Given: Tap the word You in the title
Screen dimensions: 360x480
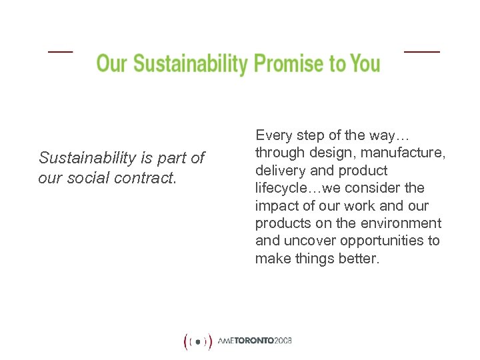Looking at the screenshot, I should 363,64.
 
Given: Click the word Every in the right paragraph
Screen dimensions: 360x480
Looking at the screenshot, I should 274,135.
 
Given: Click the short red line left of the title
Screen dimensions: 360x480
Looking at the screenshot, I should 60,51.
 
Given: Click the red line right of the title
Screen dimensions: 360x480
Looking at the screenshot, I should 422,51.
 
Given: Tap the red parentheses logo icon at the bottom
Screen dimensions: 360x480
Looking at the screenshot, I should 198,342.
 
